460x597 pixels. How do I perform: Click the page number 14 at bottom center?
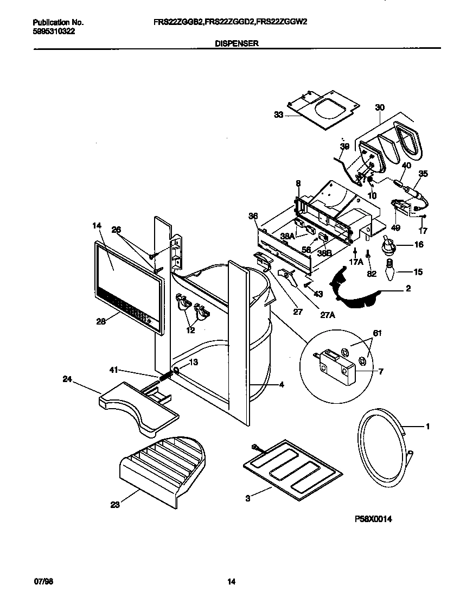tap(231, 582)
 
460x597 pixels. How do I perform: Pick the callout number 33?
tap(279, 115)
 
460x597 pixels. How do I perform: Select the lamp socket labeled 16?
tap(389, 246)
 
